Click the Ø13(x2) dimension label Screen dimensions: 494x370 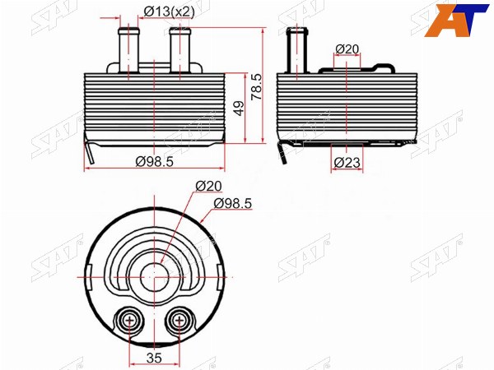pos(170,12)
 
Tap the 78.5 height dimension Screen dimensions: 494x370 pos(256,87)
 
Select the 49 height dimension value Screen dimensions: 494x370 pos(239,109)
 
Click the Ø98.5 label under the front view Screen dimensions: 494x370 pos(155,162)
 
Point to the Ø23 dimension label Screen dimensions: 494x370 pos(347,163)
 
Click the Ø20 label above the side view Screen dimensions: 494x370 pos(347,49)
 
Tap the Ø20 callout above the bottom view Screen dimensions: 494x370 pos(208,186)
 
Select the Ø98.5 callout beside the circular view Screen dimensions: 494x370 pos(233,204)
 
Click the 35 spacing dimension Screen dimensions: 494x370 pos(155,358)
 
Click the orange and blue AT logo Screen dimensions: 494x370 pos(456,21)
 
